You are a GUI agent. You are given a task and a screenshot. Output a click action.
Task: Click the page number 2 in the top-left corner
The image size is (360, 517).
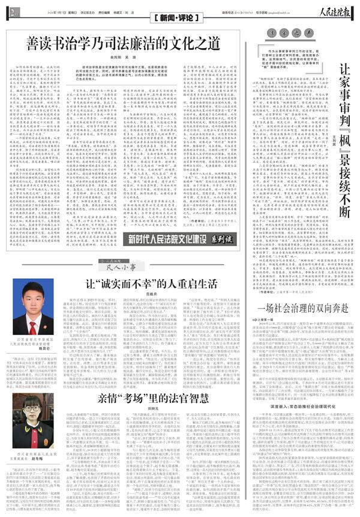[13, 11]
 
